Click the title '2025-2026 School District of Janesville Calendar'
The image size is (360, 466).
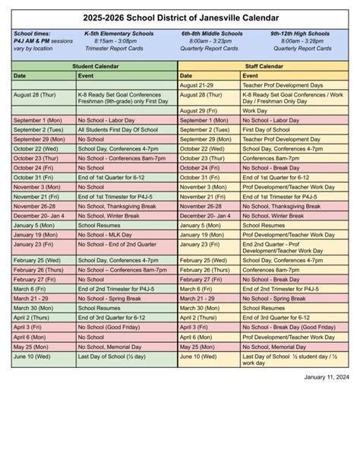(180, 17)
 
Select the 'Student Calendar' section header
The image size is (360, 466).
(94, 66)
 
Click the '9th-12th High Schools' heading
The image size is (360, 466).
(302, 34)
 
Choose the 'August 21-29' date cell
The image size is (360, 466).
(196, 85)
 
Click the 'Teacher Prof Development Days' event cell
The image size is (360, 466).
(283, 85)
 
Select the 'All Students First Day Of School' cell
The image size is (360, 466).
(118, 129)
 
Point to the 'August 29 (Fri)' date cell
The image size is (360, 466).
(200, 111)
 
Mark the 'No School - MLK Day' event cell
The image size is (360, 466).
(105, 234)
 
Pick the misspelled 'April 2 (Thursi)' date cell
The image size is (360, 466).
(200, 317)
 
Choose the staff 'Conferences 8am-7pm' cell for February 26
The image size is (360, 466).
(271, 270)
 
